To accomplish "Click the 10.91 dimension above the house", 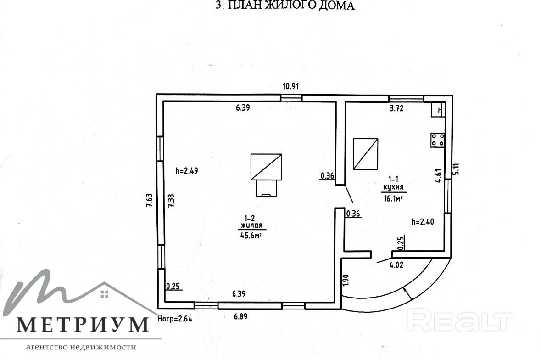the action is [290, 86].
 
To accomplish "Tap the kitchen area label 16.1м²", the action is [394, 198].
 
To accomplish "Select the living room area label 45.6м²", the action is [251, 236].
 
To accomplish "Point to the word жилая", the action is [251, 225].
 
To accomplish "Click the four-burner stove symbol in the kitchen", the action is [437, 140].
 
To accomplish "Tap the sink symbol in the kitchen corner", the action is [437, 110].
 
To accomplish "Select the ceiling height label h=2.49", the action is [187, 170].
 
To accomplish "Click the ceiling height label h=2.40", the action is [423, 222].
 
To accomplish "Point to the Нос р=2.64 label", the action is [175, 319].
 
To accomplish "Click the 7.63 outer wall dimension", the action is [149, 200].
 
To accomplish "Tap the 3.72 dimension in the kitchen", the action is [396, 108].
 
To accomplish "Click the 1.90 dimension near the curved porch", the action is [346, 280].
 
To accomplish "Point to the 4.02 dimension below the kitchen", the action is [396, 265].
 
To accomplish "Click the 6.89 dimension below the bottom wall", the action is [240, 316].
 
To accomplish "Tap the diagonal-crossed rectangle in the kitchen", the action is [365, 153].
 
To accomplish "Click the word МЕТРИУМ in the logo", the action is [83, 325].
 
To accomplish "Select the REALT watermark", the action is [460, 321].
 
